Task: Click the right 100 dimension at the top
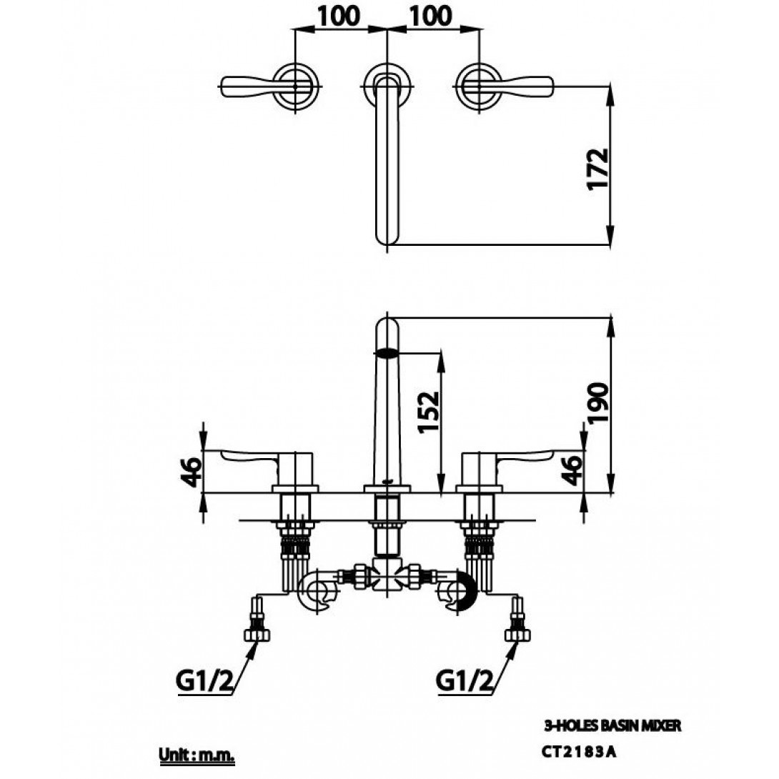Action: [431, 15]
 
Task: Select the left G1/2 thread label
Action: [204, 683]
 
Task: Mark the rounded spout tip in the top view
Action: [387, 236]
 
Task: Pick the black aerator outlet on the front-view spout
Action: [387, 352]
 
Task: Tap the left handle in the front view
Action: [250, 457]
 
